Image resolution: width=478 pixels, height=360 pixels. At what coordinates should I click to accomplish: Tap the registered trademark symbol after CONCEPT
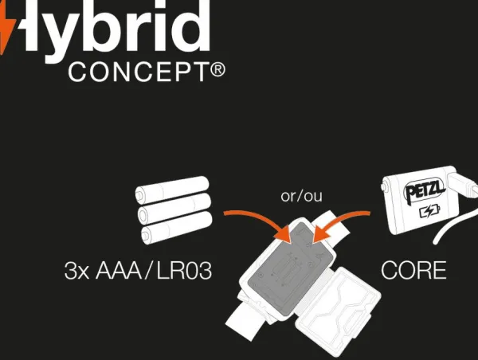[x=217, y=70]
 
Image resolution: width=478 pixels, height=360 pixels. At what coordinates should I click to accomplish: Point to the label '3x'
[x=76, y=270]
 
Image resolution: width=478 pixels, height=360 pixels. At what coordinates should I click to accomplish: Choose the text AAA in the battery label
[x=119, y=270]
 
